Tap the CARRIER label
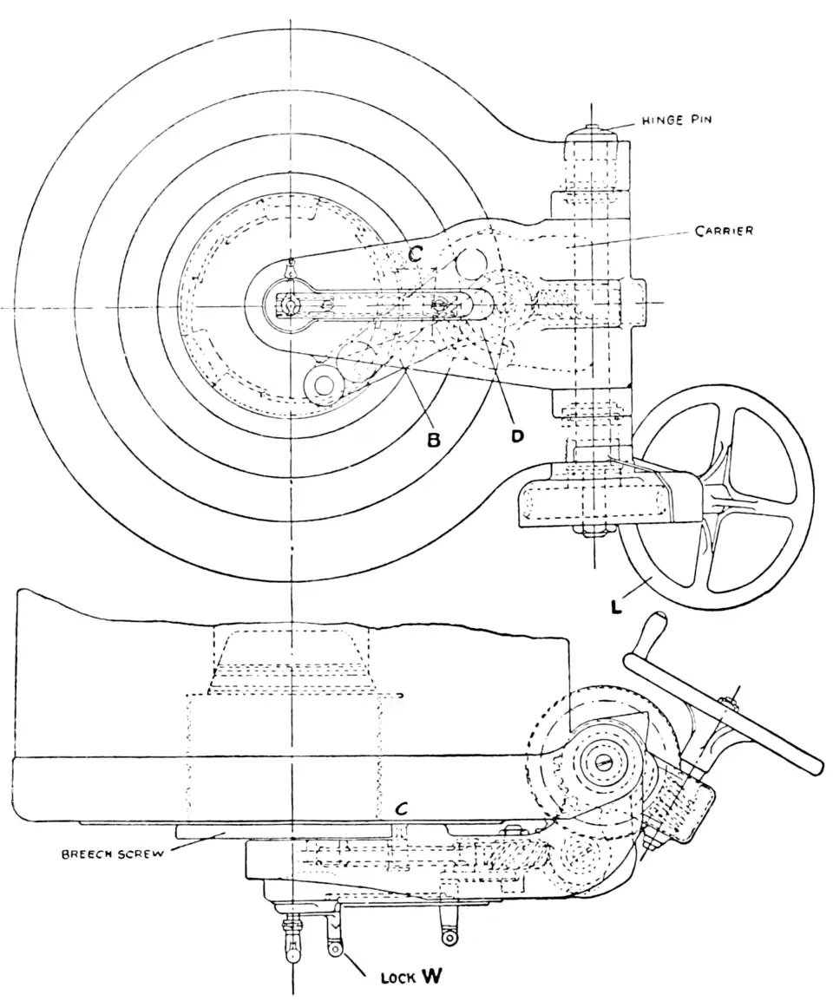725,231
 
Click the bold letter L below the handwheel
616,606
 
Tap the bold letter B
434,440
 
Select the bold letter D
517,435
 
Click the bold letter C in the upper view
416,255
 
